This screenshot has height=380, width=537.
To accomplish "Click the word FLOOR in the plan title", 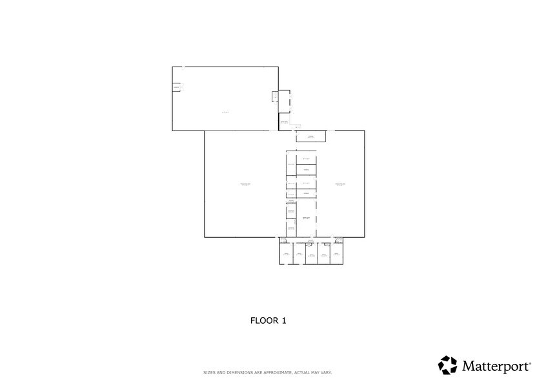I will click(261, 320).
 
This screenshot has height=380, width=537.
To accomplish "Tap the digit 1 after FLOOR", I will click(283, 320).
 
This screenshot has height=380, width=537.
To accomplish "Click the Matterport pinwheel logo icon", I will click(448, 365).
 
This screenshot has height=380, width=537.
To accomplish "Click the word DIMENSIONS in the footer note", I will click(232, 373).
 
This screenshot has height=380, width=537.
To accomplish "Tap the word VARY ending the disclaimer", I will click(327, 373).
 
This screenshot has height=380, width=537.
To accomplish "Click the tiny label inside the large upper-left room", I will click(225, 112).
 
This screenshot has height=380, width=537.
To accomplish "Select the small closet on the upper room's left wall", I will click(176, 87).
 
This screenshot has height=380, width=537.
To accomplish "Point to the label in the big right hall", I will click(340, 185).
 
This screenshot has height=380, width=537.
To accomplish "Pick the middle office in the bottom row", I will click(311, 255).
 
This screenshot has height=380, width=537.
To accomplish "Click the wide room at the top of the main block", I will click(310, 137).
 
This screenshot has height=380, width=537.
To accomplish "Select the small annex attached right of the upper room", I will click(284, 107).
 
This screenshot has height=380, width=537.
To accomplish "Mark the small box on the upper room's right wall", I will click(274, 97).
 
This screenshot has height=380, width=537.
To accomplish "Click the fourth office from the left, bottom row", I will click(323, 255).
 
